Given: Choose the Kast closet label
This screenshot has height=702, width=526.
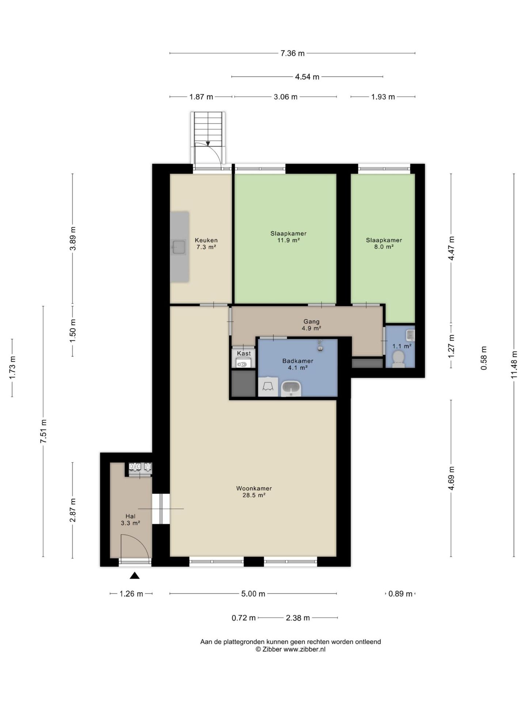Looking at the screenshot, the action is [244, 354].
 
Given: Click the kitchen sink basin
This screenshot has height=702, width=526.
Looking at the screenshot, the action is [179, 247].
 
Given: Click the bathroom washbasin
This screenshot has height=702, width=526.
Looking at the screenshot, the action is [291, 388].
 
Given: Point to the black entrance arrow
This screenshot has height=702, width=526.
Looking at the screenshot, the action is [135, 576].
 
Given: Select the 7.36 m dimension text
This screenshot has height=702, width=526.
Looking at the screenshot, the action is [292, 53].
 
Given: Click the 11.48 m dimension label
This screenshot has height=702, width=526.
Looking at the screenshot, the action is [515, 365].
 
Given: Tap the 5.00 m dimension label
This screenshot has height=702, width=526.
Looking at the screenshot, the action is [253, 594].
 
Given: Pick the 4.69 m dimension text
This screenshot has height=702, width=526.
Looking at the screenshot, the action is [451, 478].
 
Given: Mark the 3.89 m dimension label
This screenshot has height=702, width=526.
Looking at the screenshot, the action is [73, 238].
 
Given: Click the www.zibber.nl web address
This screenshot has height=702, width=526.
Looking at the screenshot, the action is [304, 649].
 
